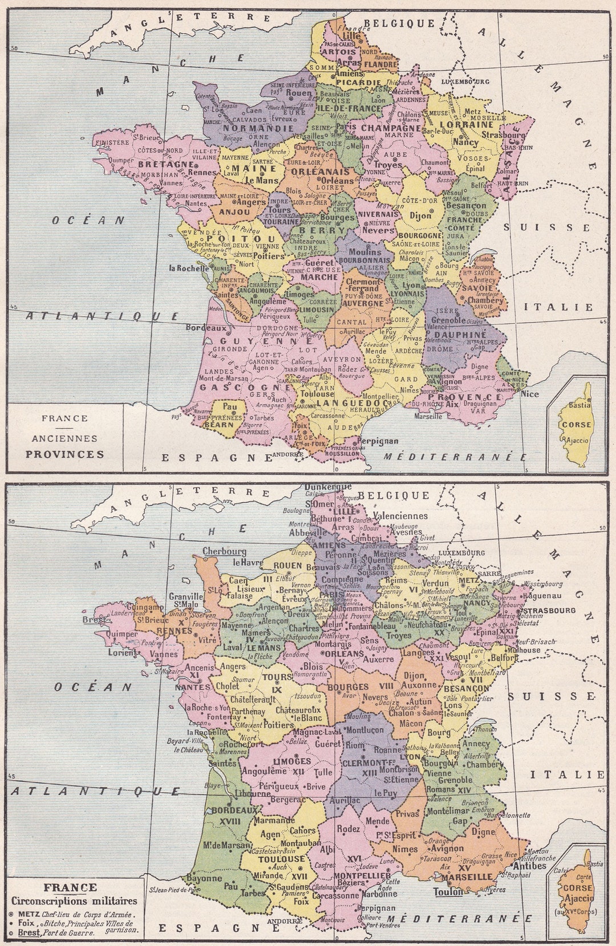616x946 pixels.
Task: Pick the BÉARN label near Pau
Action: coord(220,424)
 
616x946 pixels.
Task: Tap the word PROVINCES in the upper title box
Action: coord(64,454)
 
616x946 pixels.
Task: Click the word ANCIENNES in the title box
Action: coord(64,439)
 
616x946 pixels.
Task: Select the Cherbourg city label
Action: coord(224,551)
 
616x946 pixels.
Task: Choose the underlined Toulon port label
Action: coord(448,892)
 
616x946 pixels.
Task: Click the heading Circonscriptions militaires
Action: coord(74,900)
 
